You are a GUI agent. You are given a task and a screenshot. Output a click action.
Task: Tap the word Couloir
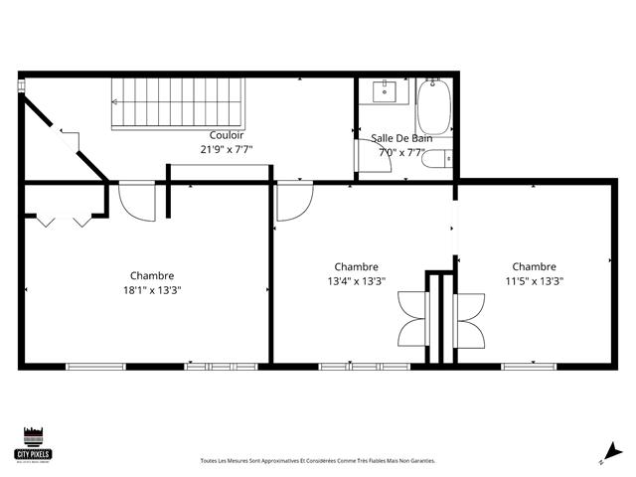point(227,136)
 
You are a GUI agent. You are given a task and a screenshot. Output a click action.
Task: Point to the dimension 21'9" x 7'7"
point(227,150)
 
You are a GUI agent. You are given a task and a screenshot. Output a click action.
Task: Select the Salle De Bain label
point(401,138)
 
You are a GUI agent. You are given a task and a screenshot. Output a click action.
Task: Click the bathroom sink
point(385,92)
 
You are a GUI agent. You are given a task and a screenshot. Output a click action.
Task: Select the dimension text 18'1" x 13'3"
point(152,290)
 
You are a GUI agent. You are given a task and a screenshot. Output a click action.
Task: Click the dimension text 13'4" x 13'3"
point(356,281)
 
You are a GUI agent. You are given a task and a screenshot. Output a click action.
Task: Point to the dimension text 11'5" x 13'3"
point(534,281)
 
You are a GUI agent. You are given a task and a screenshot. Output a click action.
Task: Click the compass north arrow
point(612,452)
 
